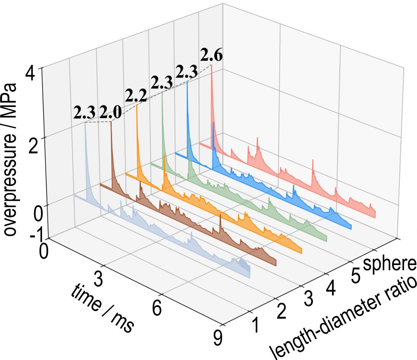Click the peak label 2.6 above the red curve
point(211,56)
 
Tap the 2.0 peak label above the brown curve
point(110,113)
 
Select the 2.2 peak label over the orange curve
point(136,96)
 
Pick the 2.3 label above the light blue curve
point(84,113)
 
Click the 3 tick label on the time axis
point(99,280)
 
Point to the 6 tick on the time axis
point(157,308)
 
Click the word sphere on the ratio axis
point(390,264)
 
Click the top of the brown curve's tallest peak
point(111,122)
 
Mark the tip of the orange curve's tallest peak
point(137,105)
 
